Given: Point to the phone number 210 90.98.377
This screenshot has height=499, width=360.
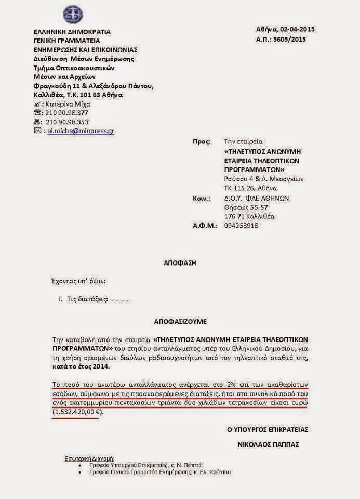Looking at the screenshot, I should (67, 112).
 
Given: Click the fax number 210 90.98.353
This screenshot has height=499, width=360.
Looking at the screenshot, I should (67, 122).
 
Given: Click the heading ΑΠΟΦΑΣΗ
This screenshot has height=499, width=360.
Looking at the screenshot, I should (179, 264).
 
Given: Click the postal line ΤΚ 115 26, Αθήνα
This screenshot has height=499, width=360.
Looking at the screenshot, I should (250, 188).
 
